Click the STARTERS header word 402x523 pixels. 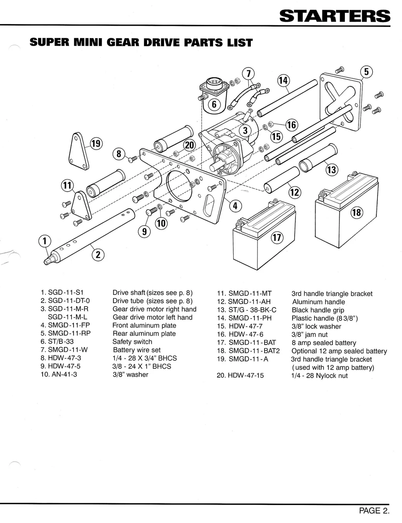(334, 16)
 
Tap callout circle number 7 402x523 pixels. (248, 74)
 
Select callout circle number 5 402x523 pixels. (366, 72)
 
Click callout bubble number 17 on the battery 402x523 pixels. (277, 238)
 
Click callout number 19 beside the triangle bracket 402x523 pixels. (96, 143)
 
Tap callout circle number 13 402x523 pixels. (331, 170)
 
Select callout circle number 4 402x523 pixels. (235, 206)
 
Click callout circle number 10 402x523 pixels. (161, 223)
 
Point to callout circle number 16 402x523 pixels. (291, 125)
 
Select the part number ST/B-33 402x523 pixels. (61, 342)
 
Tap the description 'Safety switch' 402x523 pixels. (132, 342)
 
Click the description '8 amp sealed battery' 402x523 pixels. (324, 343)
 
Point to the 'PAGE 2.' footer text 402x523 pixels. (374, 511)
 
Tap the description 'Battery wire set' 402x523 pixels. (136, 350)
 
